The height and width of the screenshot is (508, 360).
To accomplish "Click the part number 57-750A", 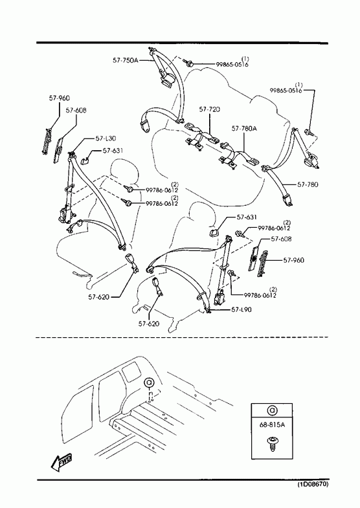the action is tap(126, 60).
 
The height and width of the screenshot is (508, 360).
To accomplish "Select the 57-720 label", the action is tap(209, 109).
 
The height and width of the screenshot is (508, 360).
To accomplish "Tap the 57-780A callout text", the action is tap(244, 129).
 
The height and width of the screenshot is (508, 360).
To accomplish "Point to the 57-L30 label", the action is tap(106, 138).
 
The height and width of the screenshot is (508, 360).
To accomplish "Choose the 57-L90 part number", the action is tap(242, 309).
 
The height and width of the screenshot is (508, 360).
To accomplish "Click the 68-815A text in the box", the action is tap(272, 425).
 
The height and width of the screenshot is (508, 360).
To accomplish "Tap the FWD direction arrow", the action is tap(61, 461).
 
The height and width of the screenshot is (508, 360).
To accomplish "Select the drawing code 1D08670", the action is tap(313, 485).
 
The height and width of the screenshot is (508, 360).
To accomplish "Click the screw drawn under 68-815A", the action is tap(272, 443).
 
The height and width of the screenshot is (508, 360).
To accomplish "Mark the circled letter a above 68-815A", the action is tap(272, 410).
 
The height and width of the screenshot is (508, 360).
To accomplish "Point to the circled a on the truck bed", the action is tap(150, 382).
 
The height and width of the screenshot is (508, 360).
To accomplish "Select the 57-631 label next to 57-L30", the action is tap(113, 151).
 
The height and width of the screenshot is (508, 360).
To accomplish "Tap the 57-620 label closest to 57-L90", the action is tap(149, 324).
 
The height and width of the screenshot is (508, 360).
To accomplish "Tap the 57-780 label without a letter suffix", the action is tap(308, 184).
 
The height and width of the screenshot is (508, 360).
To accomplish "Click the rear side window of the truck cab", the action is tap(131, 371).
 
